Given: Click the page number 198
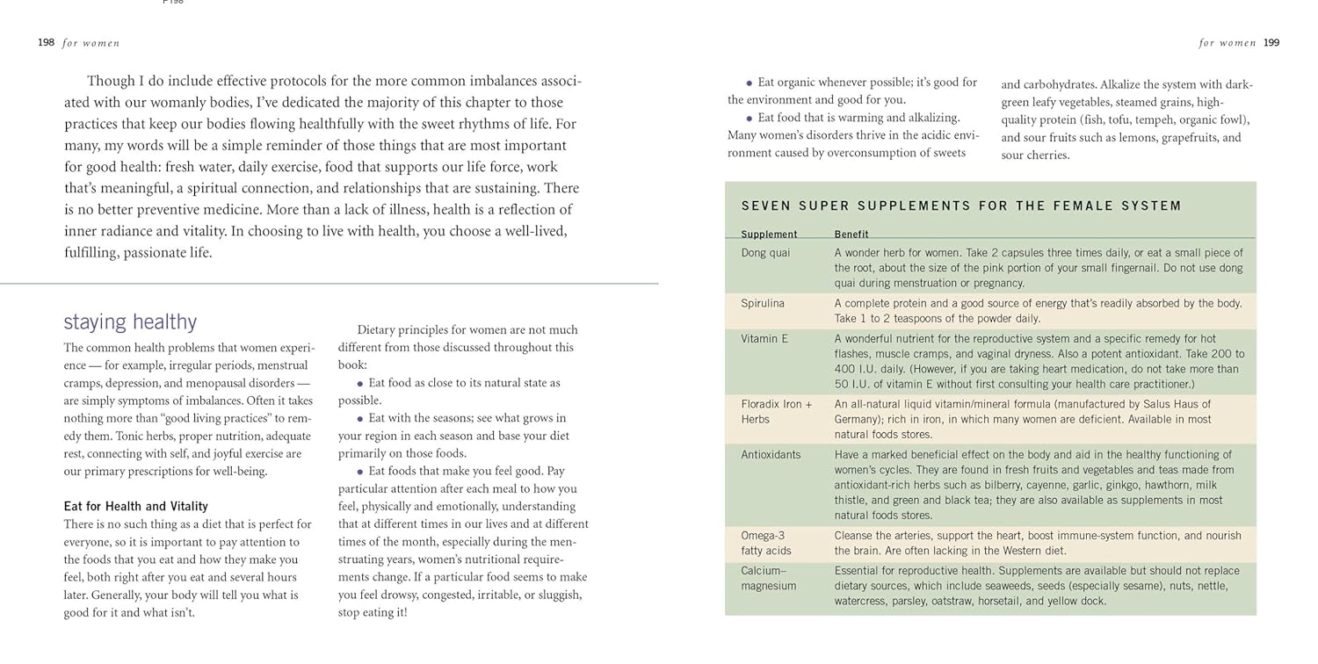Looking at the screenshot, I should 46,42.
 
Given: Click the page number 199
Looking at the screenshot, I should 1271,42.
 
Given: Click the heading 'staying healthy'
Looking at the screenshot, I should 130,321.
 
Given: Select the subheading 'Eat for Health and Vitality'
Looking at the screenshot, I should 135,506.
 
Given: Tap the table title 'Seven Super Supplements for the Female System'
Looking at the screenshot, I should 961,206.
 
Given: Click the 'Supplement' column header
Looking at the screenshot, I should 769,235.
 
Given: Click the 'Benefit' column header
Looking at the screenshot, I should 851,235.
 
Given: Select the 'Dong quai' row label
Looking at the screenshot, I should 765,253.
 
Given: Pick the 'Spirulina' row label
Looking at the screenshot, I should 763,303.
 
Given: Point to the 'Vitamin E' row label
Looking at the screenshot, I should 764,338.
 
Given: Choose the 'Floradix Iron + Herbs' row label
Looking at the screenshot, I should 776,412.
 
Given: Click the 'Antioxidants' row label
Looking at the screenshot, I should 771,455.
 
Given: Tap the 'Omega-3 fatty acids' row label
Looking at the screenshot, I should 765,543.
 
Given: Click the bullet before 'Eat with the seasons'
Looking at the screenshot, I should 360,419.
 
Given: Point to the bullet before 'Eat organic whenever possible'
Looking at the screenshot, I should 750,83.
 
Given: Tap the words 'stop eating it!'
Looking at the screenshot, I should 373,612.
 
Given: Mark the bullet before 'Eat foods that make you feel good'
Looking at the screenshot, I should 360,472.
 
